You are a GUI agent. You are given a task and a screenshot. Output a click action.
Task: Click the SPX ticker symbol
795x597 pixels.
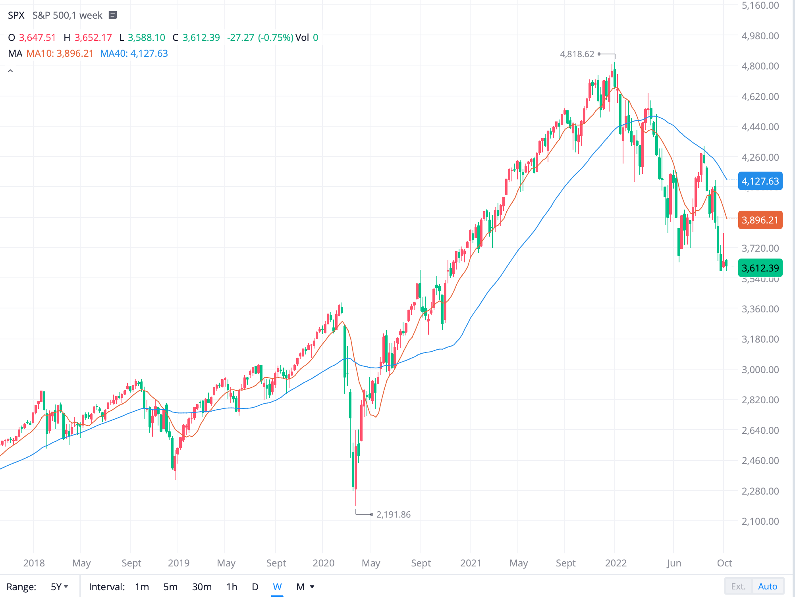[16, 15]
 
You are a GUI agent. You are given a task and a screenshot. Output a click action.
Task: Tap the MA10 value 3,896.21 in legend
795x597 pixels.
[75, 54]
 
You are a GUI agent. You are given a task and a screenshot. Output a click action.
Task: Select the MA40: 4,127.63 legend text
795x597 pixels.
[134, 54]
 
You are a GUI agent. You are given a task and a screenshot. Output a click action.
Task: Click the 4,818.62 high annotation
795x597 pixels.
[577, 54]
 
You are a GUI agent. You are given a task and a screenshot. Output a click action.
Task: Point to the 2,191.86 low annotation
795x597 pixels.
[393, 514]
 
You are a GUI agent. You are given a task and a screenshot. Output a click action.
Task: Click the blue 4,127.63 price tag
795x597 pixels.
[760, 181]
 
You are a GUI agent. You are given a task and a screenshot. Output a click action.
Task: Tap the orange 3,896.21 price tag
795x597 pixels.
[760, 220]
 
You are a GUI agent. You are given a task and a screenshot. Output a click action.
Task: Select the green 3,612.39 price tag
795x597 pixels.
[760, 268]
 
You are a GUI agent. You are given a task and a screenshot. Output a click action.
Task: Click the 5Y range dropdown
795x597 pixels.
[60, 587]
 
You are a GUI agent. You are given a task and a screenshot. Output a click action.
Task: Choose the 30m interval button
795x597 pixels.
[202, 587]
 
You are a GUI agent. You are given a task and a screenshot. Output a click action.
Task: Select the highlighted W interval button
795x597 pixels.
[277, 587]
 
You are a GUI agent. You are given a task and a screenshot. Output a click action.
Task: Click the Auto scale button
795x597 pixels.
[767, 586]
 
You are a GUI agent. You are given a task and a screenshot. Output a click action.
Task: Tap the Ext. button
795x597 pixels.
[738, 586]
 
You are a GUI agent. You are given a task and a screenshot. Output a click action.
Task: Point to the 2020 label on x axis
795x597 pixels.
[323, 563]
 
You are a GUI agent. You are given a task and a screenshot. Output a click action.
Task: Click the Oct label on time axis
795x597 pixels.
[724, 563]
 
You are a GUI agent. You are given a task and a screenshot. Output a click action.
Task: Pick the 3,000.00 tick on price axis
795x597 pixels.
[760, 370]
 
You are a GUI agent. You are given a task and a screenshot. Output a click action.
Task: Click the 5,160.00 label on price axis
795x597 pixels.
[760, 6]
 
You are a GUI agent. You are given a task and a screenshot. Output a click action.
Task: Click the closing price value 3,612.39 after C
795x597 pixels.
[201, 38]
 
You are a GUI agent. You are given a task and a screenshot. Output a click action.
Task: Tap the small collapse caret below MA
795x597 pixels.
[10, 71]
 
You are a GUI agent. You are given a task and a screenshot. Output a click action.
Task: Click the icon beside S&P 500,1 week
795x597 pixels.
[113, 15]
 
